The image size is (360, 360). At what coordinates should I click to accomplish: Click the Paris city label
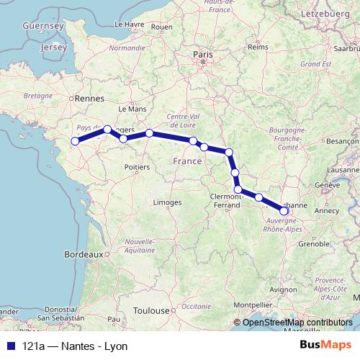coord(201,53)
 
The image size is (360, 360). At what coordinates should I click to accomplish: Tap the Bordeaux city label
coord(83,254)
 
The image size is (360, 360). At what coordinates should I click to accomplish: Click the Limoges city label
coord(167,202)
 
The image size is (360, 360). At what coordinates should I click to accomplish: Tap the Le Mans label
coord(137,109)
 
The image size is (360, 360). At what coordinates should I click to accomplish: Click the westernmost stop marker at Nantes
coord(74,140)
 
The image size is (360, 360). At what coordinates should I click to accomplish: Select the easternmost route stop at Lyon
coord(284,211)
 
